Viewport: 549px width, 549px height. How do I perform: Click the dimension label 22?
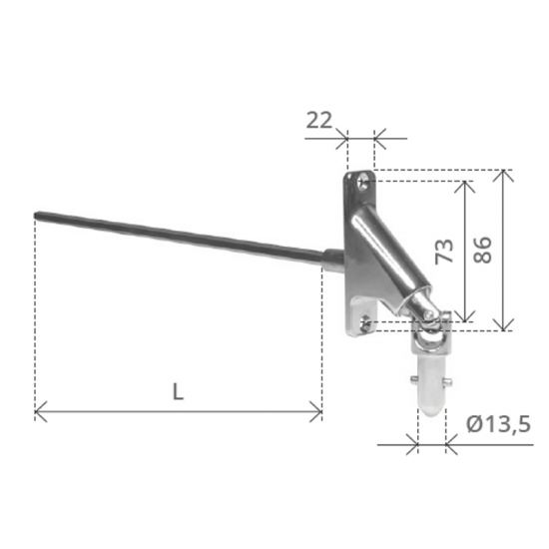click(x=319, y=120)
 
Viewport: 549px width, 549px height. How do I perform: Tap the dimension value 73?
click(x=444, y=251)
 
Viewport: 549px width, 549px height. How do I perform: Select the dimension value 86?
click(x=482, y=250)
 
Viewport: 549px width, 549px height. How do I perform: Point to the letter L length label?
click(x=179, y=392)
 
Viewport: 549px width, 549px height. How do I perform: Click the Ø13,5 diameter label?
click(x=498, y=424)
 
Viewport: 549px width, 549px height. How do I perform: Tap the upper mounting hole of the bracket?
click(x=363, y=182)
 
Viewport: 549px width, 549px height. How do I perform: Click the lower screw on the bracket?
click(x=364, y=323)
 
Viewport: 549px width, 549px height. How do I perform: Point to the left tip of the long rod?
click(x=35, y=215)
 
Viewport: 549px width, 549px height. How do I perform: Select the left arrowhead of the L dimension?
click(x=41, y=411)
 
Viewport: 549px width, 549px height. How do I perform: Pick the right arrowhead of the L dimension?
click(x=316, y=411)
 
